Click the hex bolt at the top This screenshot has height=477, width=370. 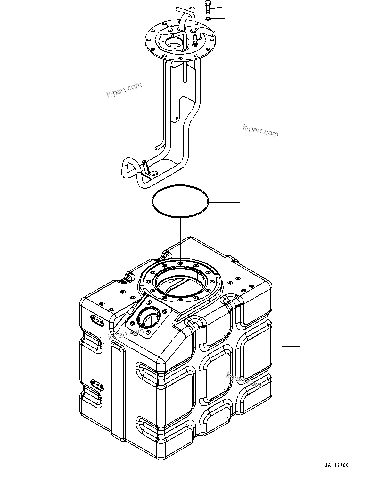tap(207, 7)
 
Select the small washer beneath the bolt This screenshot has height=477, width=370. tap(207, 19)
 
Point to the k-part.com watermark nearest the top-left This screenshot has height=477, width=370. tap(124, 90)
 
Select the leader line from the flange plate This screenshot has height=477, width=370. tap(228, 43)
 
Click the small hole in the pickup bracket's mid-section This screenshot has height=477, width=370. tap(177, 119)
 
